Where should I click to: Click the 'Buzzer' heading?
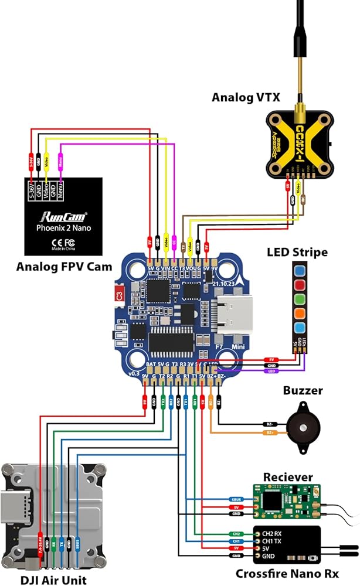(303, 391)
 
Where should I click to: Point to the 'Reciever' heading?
(288, 477)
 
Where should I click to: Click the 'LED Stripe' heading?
(297, 253)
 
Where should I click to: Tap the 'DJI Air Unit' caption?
(53, 580)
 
